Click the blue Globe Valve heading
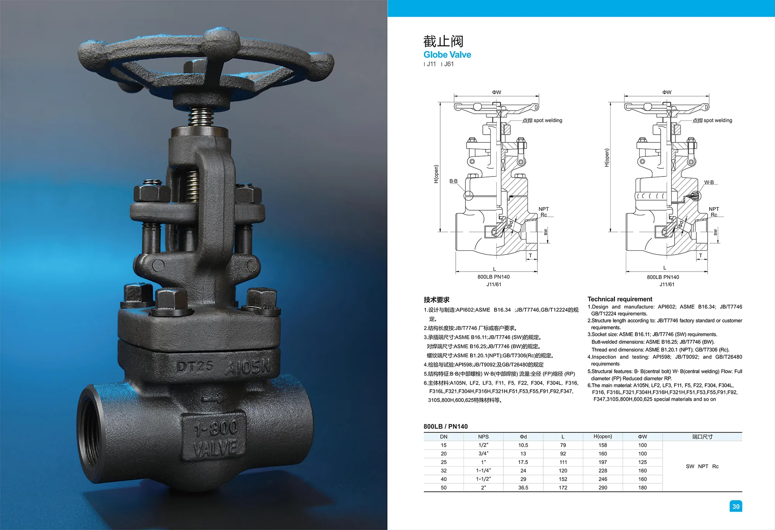(x=447, y=55)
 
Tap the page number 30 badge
(x=735, y=506)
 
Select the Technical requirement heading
(x=620, y=299)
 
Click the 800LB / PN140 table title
(x=446, y=426)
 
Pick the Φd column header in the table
(x=523, y=437)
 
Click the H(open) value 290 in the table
(x=603, y=488)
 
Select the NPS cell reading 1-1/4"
(x=483, y=471)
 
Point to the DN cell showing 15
(x=444, y=445)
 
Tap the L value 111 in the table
(x=563, y=462)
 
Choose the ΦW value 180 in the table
(x=642, y=488)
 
